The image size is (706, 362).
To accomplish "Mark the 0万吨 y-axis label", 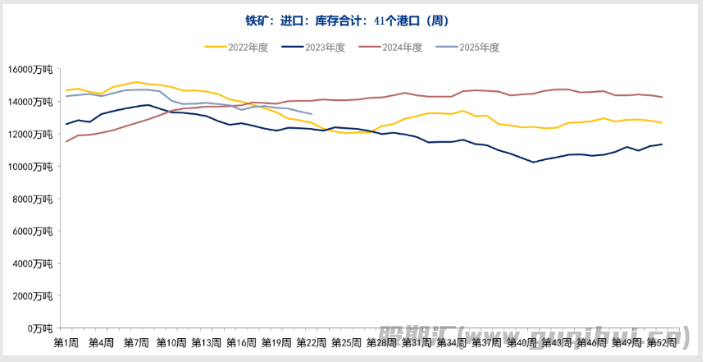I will [x=39, y=328].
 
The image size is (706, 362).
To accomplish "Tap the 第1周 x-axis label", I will [x=66, y=341].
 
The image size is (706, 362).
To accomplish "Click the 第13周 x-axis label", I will [x=206, y=341].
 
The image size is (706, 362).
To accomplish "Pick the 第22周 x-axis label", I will [x=311, y=341].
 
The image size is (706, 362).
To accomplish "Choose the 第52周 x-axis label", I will [x=661, y=341].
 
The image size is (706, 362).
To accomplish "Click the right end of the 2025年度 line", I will [x=312, y=114].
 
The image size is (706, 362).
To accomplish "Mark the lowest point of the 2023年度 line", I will [x=533, y=162].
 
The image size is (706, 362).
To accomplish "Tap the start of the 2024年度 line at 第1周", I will [x=66, y=141].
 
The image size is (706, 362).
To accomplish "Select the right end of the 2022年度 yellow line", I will [x=662, y=122].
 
